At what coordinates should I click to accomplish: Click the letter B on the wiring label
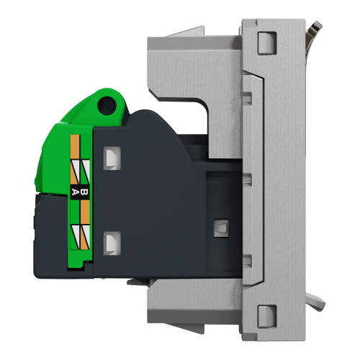[84, 192]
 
